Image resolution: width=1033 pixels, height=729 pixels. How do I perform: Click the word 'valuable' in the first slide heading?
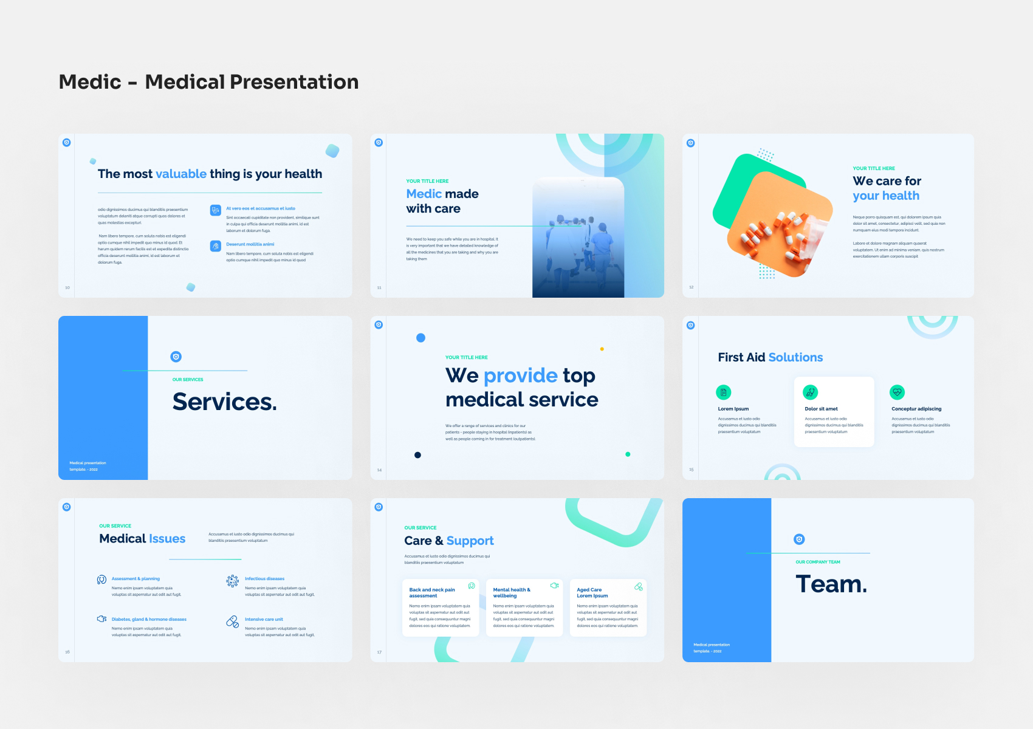[181, 174]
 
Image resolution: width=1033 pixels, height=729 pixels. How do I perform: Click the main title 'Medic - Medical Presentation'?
[208, 82]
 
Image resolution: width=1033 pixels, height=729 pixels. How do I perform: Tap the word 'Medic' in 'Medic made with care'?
[424, 194]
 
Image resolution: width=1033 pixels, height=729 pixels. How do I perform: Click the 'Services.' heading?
[224, 402]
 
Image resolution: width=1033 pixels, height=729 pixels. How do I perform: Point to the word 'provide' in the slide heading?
[520, 376]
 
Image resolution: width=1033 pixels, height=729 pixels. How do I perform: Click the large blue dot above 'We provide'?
[420, 338]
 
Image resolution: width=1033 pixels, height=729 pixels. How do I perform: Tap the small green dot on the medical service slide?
[628, 454]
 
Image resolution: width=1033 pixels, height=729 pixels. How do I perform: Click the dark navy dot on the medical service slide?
[417, 455]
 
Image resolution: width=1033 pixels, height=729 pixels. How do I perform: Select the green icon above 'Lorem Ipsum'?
[723, 392]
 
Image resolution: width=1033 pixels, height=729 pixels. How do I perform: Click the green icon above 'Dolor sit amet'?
[810, 392]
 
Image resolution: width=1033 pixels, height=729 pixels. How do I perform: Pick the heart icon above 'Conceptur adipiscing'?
[897, 392]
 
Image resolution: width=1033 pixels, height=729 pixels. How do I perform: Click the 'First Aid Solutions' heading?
[770, 358]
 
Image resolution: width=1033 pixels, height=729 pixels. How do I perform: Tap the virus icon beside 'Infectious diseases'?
[232, 581]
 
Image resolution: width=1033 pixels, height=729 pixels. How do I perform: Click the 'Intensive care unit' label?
[264, 620]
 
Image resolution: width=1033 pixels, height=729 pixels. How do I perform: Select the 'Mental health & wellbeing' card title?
[512, 593]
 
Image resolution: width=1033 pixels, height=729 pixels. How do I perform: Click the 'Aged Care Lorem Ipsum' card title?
[592, 593]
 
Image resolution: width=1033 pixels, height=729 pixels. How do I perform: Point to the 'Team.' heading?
[831, 584]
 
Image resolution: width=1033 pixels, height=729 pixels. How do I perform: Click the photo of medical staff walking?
[578, 243]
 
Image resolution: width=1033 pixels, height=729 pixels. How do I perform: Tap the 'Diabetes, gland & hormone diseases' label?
[149, 620]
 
